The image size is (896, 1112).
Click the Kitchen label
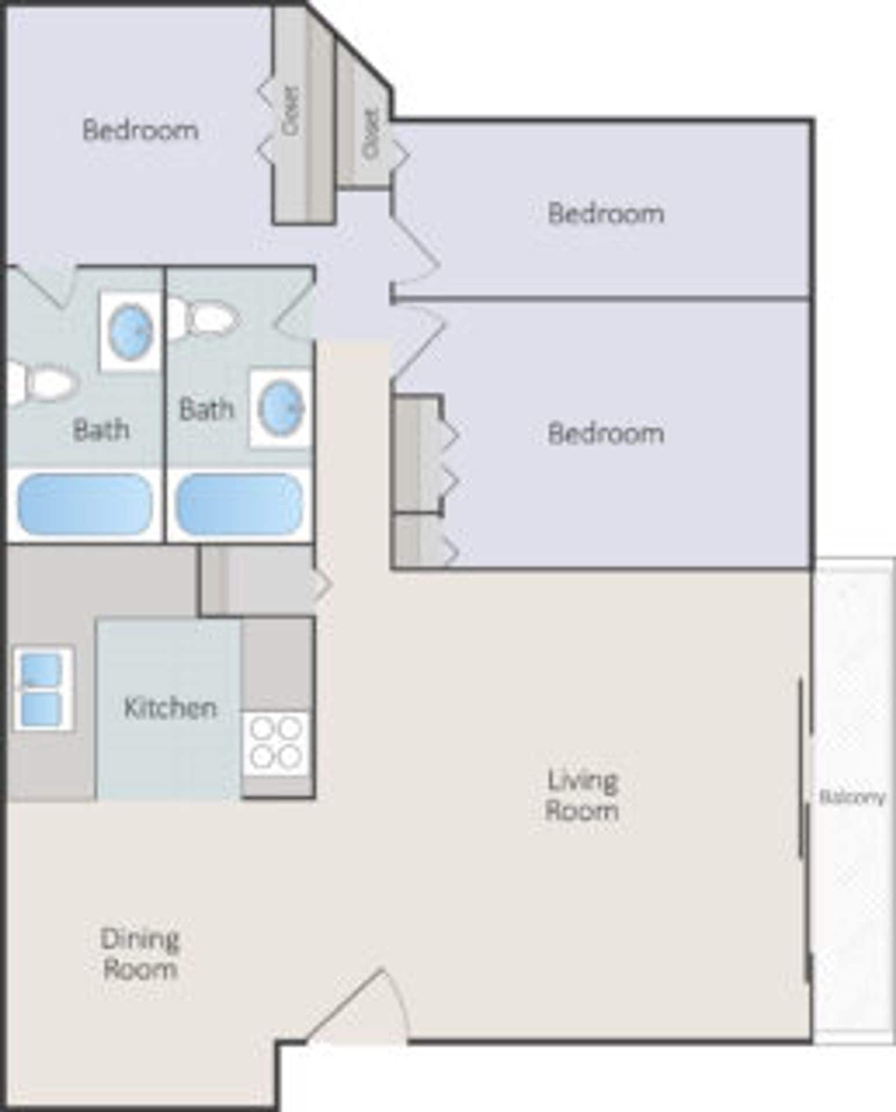(x=170, y=708)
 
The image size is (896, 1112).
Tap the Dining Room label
(x=139, y=954)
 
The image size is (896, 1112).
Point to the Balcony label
(x=852, y=798)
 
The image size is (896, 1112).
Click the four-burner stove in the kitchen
(x=277, y=743)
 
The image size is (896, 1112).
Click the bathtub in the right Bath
(x=239, y=504)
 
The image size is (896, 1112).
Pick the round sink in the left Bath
(x=131, y=331)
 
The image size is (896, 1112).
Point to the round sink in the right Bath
(x=281, y=408)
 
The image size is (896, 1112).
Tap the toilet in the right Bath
(x=205, y=318)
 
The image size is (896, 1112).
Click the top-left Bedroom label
(x=140, y=130)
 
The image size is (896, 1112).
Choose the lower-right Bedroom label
(x=605, y=433)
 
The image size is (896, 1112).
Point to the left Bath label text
(x=101, y=430)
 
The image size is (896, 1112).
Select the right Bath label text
(x=206, y=409)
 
